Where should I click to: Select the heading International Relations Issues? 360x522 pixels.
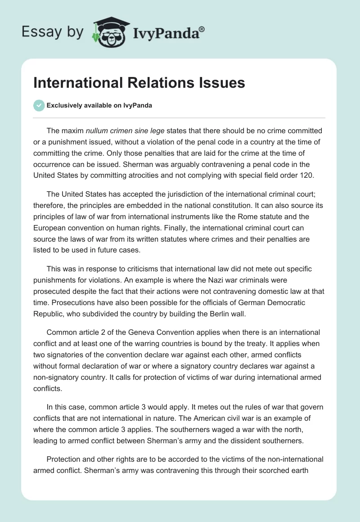point(139,83)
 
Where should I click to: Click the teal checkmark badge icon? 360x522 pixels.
point(39,105)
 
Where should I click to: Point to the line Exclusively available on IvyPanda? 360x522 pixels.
point(99,105)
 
